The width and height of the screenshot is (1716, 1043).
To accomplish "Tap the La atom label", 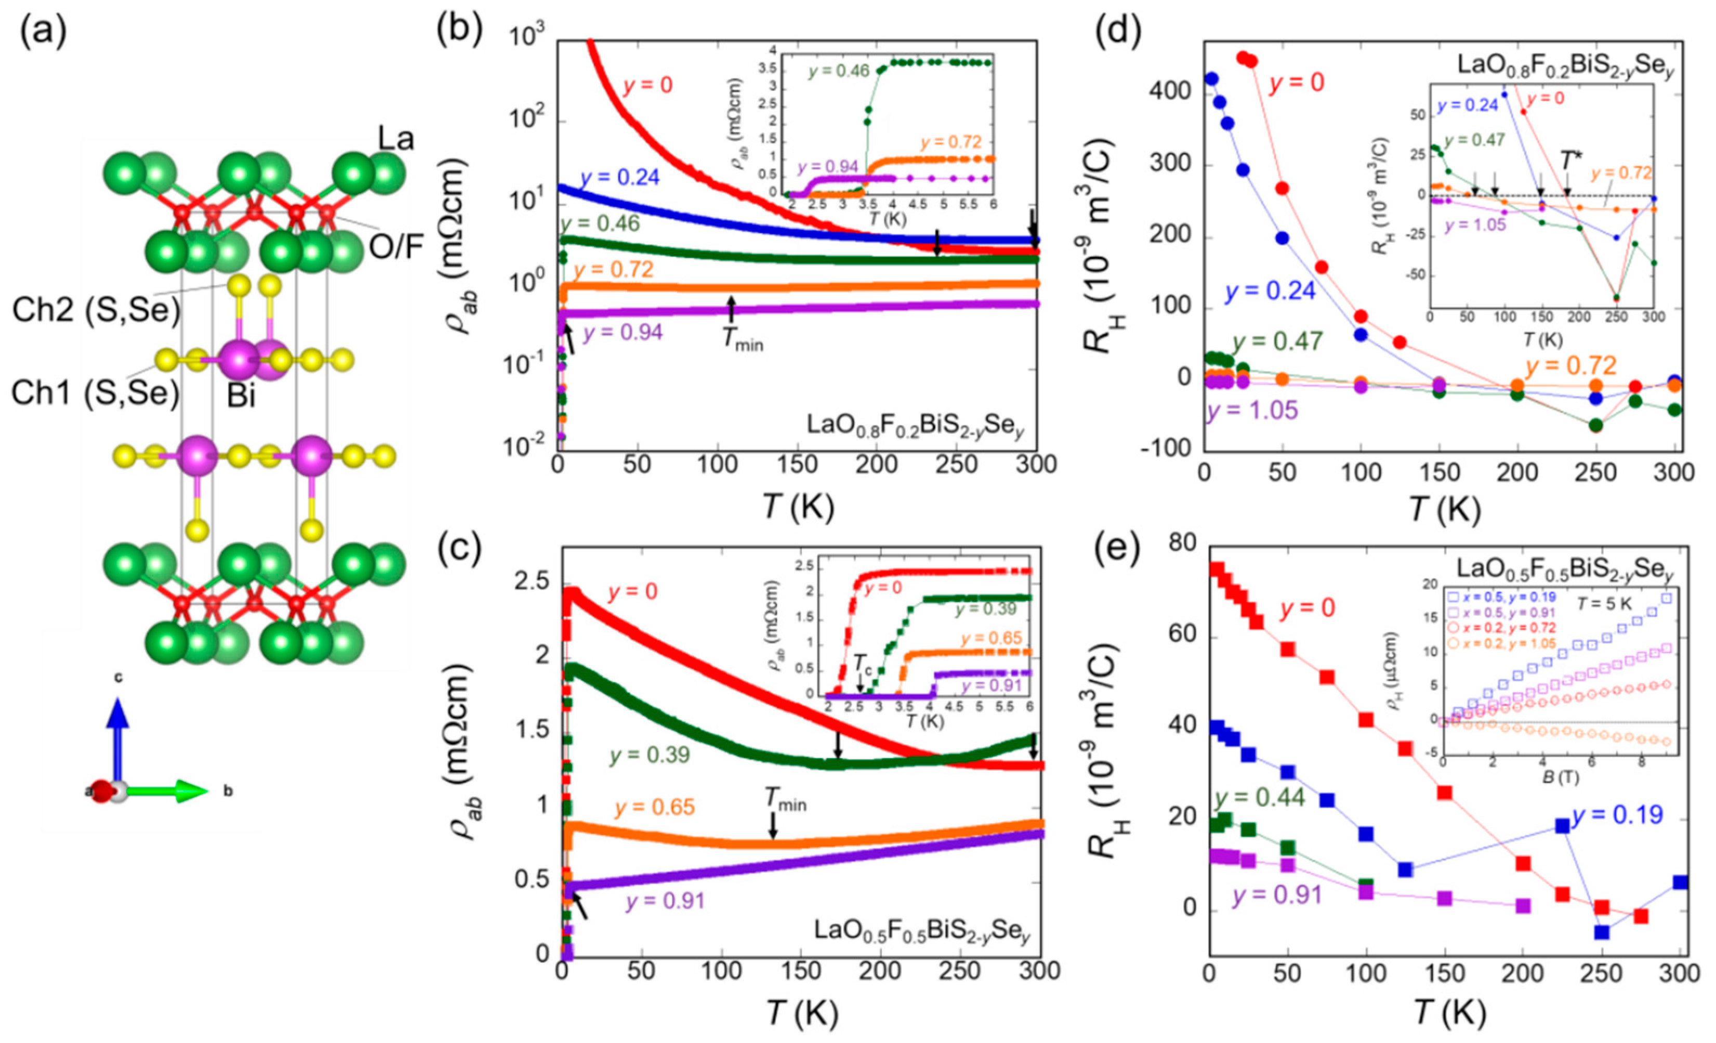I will click(395, 139).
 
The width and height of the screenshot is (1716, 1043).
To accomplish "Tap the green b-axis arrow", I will click(167, 791).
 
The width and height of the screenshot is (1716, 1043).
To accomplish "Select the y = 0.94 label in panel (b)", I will click(623, 333).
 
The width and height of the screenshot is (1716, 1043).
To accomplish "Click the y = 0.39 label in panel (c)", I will click(650, 756).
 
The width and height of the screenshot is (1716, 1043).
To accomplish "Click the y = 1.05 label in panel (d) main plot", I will click(1252, 410).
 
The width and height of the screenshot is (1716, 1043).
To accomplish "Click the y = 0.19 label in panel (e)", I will click(1617, 815).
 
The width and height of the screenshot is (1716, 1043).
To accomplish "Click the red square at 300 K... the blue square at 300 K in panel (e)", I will click(1680, 883).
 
